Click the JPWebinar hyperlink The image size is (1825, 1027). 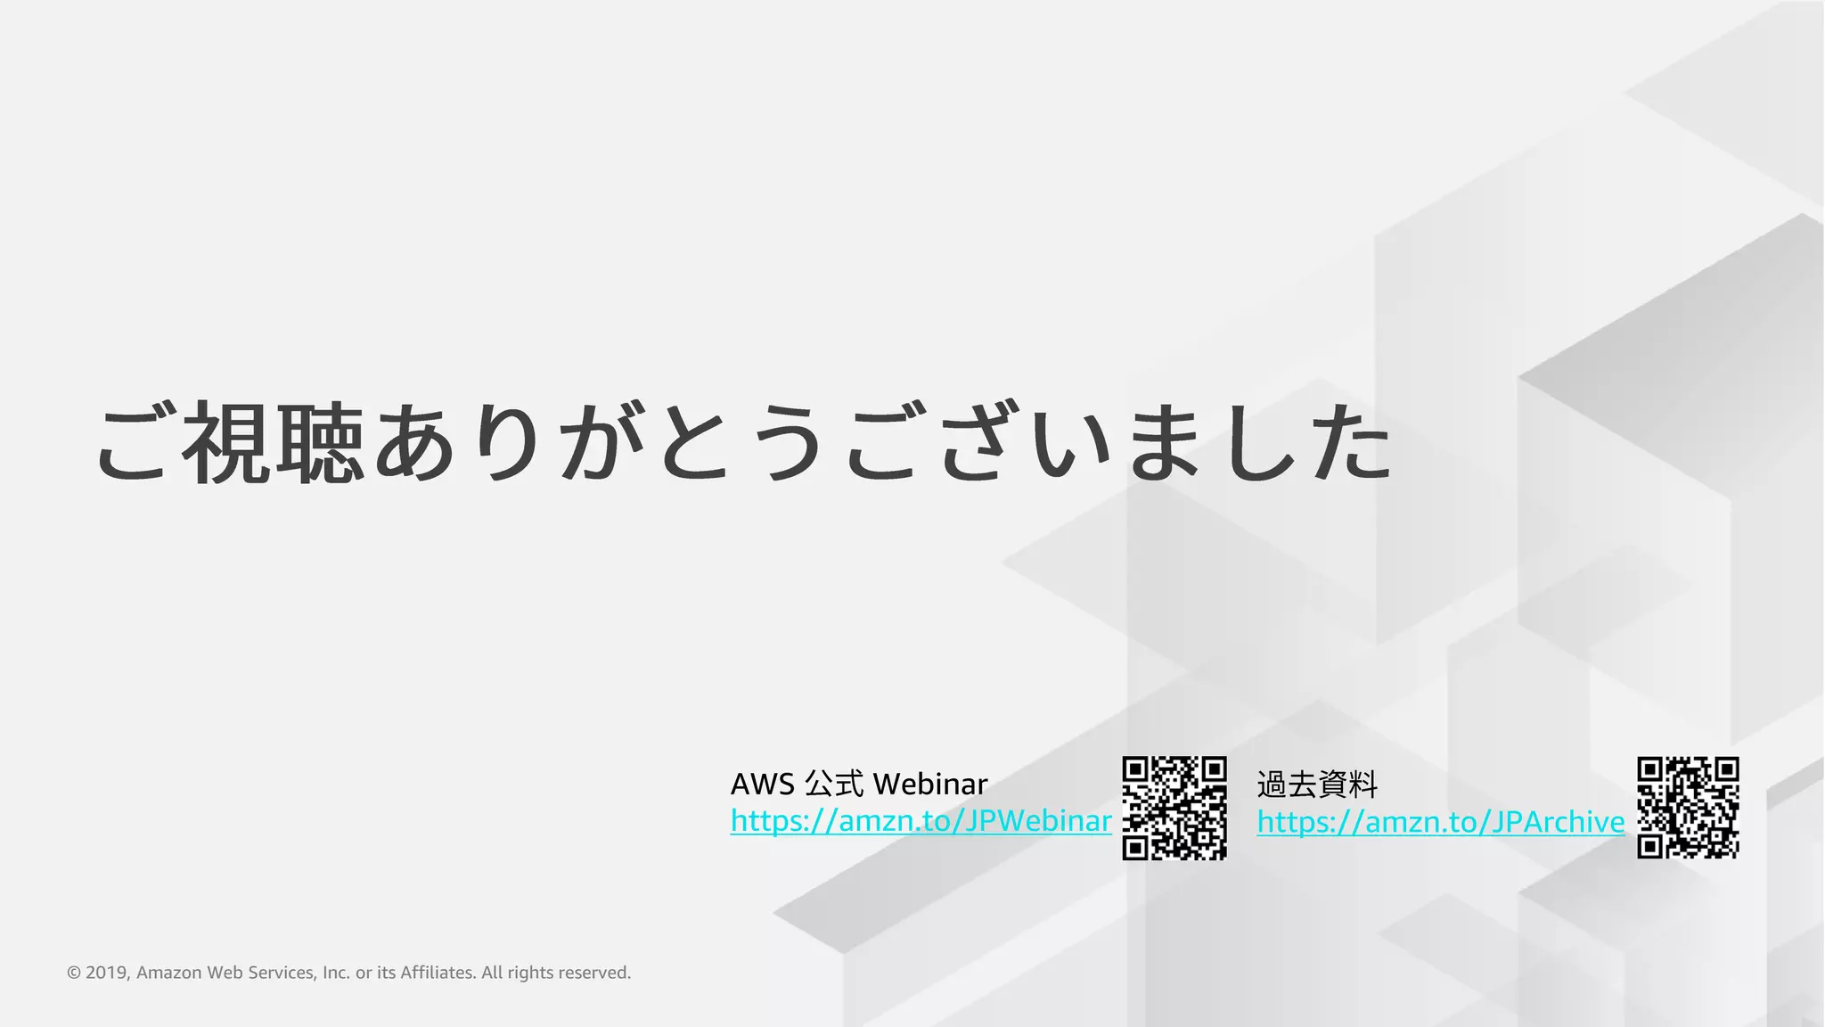coord(921,820)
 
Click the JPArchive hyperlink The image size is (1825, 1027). coord(1440,821)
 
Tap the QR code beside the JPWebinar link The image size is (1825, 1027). coord(1174,808)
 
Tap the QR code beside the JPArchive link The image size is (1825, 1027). coord(1688,808)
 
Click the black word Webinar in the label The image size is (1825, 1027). coord(930,785)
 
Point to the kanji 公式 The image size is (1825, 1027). coord(834,785)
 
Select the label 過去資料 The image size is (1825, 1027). coord(1317,785)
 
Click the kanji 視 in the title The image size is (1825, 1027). coord(226,443)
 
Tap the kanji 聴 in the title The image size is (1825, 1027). coord(319,443)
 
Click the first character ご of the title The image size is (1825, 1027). coord(134,443)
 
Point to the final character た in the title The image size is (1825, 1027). coord(1351,443)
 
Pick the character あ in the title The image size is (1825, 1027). coord(413,443)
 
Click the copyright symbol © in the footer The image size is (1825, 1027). coord(74,973)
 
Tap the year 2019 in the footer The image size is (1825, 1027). coord(107,973)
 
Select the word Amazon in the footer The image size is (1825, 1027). coord(169,973)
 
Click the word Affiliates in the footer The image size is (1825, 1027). coord(438,973)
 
